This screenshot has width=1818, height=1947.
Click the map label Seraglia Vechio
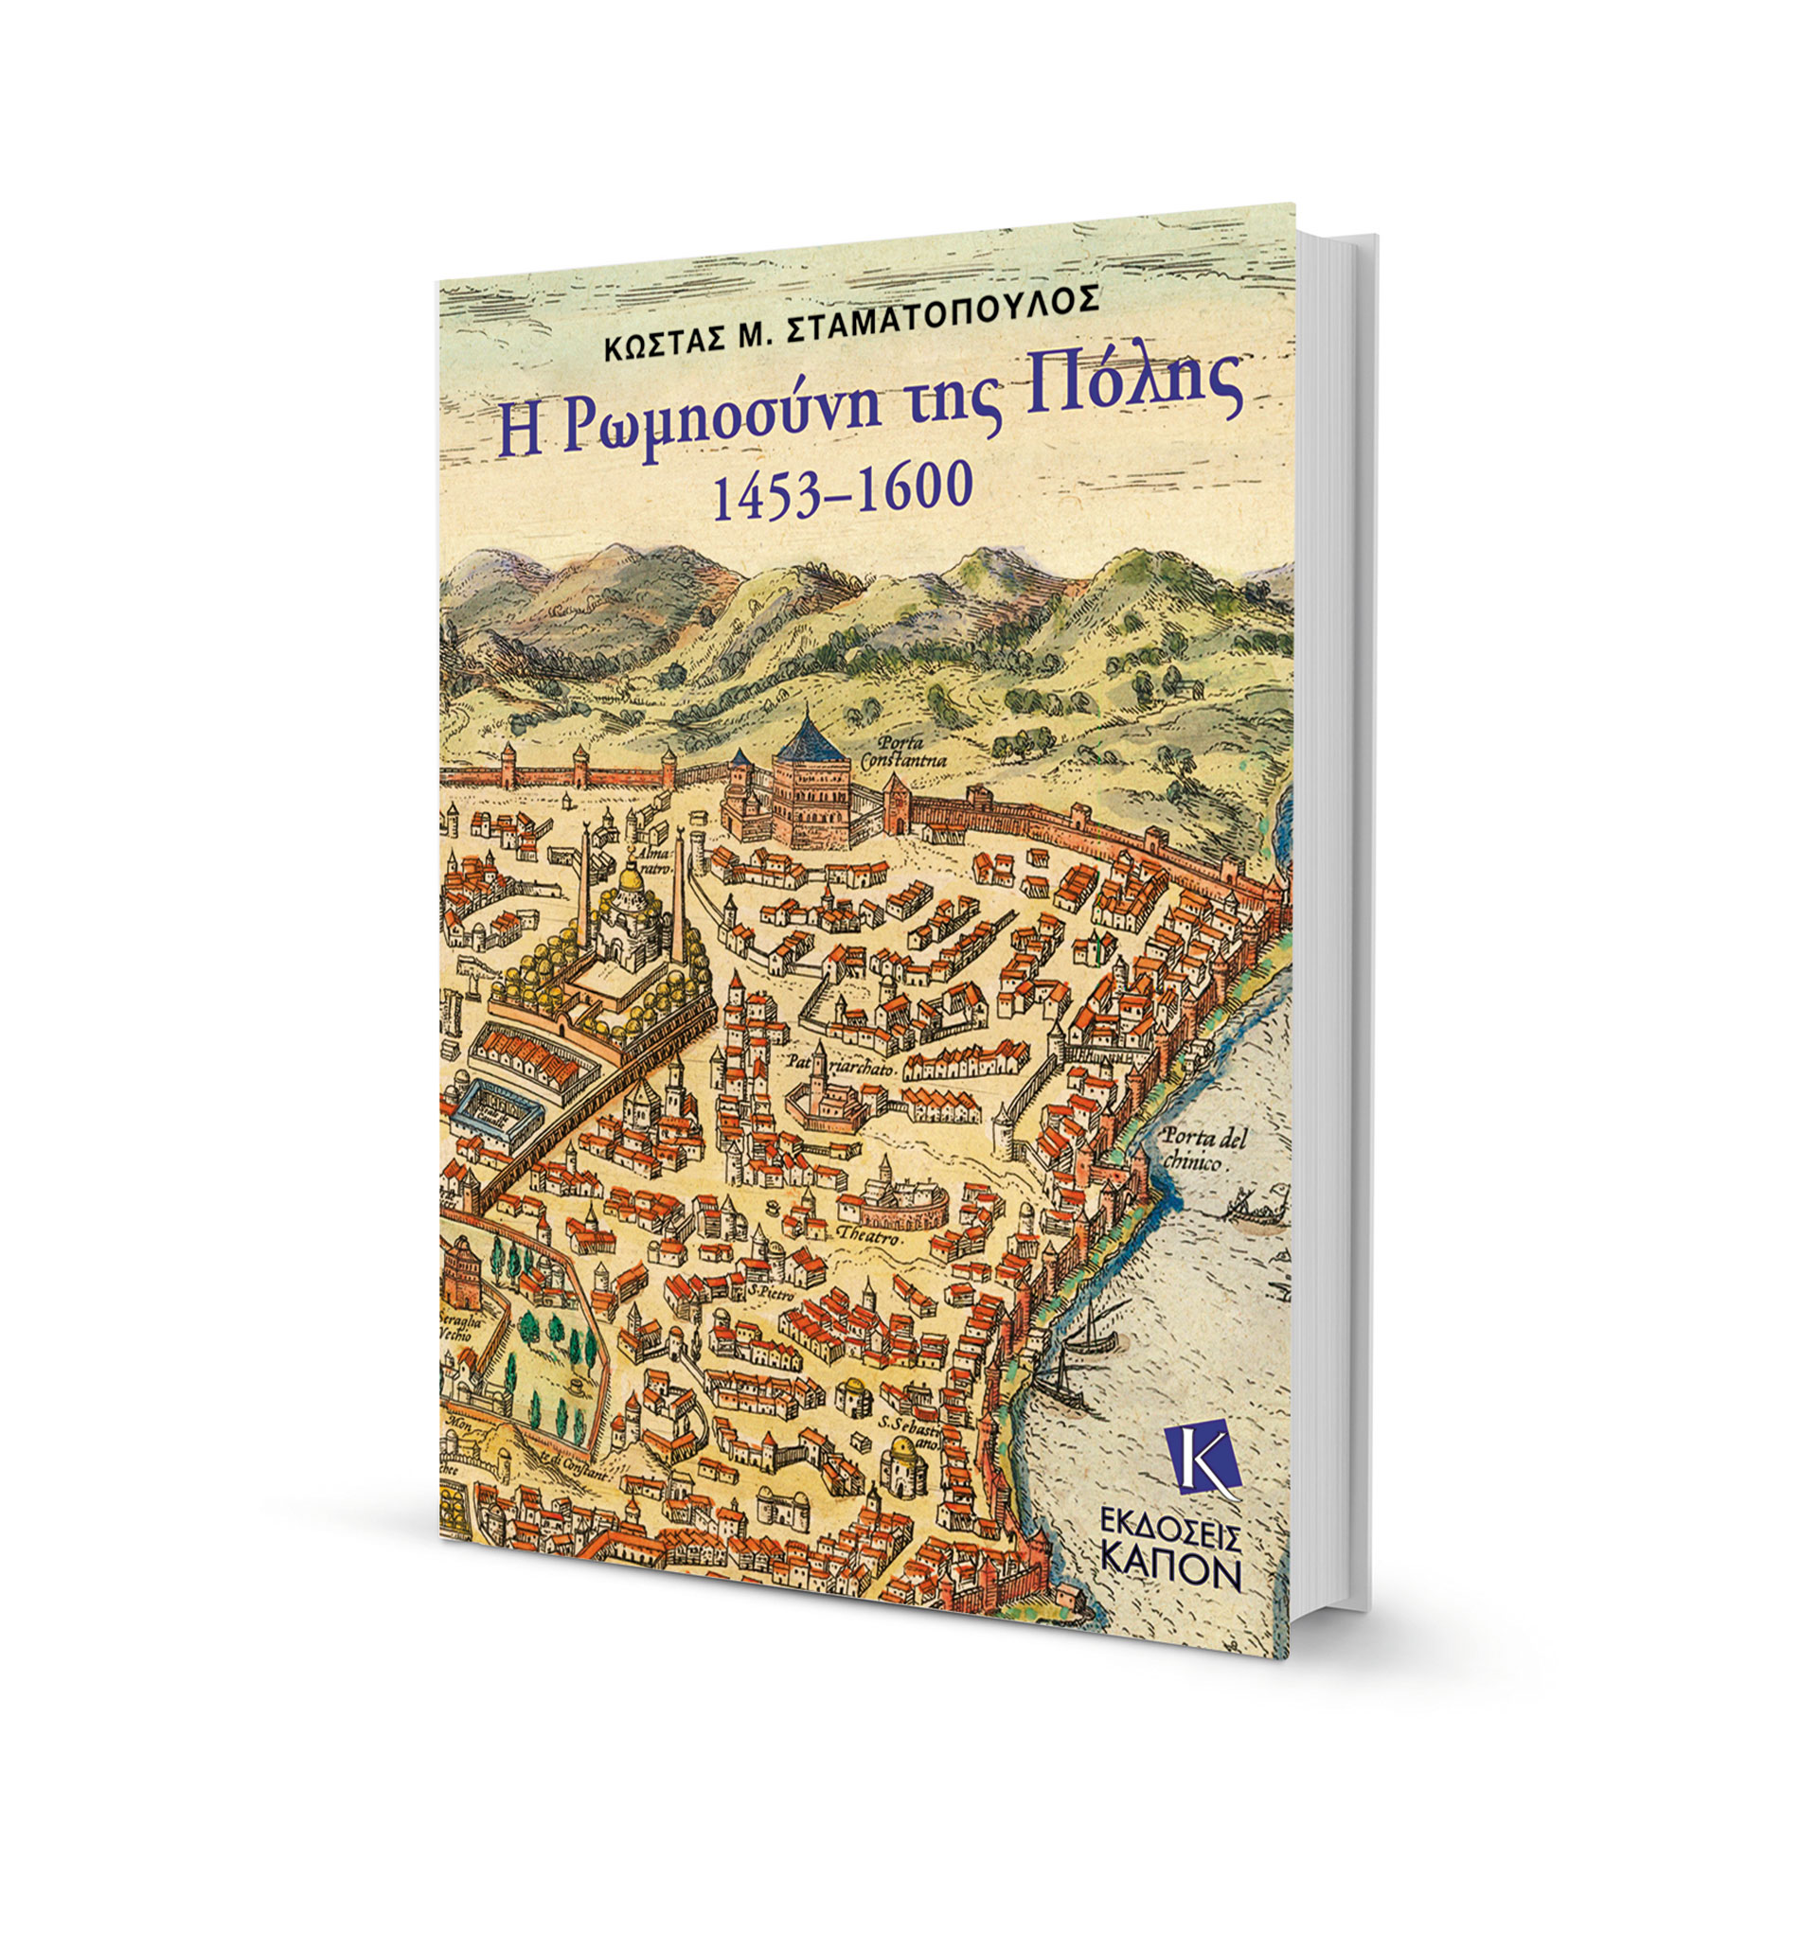(457, 1329)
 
